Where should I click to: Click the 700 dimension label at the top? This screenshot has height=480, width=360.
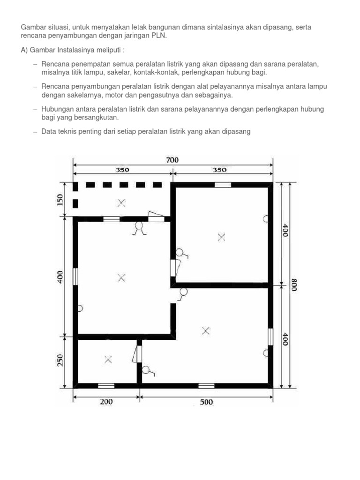[x=172, y=160]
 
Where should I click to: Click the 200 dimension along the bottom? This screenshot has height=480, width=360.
[x=107, y=402]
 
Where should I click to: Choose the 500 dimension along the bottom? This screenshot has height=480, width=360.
[x=206, y=402]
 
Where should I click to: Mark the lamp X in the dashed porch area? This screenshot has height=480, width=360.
[x=121, y=203]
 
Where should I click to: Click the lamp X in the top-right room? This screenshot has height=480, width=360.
[x=221, y=237]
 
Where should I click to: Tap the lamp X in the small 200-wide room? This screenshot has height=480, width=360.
[x=108, y=360]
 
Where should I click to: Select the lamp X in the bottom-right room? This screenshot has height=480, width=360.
[x=205, y=330]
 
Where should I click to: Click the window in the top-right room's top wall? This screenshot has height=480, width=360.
[x=223, y=185]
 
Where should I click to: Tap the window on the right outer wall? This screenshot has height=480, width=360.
[x=270, y=337]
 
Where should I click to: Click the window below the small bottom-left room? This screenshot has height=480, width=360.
[x=106, y=386]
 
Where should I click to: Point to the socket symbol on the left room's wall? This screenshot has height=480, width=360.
[x=80, y=308]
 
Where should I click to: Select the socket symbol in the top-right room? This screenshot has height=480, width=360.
[x=266, y=218]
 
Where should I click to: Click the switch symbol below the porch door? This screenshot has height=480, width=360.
[x=139, y=228]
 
